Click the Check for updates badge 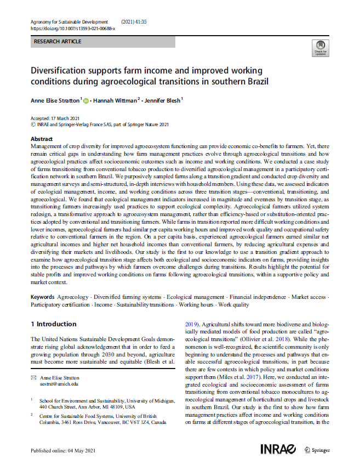[319, 48]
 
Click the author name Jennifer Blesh [162, 100]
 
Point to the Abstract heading [42, 140]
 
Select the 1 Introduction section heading [54, 324]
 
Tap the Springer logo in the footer [317, 450]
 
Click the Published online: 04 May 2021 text [63, 451]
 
